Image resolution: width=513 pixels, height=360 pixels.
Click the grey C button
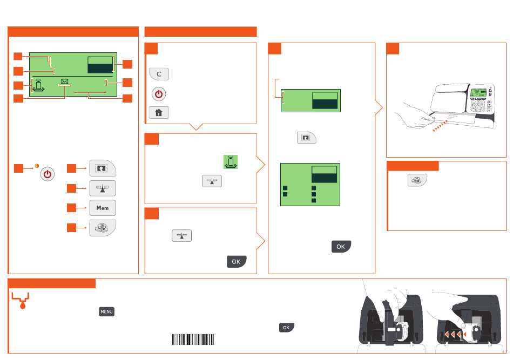point(159,74)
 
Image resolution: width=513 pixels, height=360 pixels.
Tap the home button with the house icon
point(159,112)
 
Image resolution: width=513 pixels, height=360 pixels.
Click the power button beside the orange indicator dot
point(48,175)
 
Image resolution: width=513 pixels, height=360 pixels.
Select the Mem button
point(103,208)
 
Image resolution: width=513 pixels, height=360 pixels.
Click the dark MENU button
point(106,312)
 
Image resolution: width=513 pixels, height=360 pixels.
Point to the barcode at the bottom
point(193,339)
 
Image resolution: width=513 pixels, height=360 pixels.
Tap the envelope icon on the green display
point(65,82)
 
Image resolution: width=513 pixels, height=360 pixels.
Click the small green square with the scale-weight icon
point(231,161)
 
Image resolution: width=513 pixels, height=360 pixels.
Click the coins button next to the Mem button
point(103,228)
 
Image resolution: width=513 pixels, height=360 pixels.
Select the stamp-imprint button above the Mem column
point(103,168)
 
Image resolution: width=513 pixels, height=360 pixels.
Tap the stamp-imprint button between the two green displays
point(306,138)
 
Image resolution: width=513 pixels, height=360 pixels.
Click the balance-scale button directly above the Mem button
point(103,188)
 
